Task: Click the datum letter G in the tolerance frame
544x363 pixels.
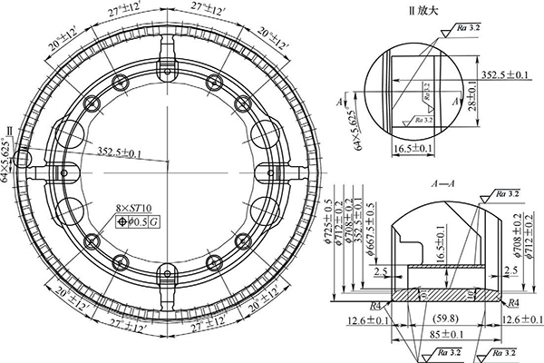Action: (x=154, y=221)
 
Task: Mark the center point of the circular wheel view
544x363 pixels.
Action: (x=168, y=161)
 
